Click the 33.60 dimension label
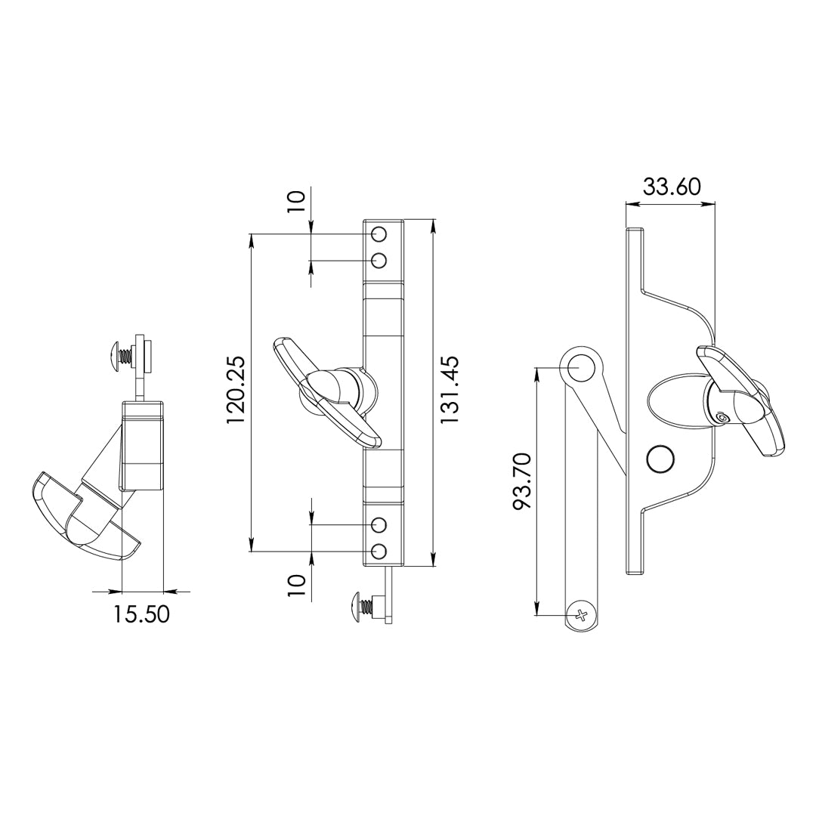pyautogui.click(x=672, y=187)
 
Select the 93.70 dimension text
pyautogui.click(x=523, y=481)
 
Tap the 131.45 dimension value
pyautogui.click(x=449, y=389)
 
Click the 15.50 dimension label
pyautogui.click(x=141, y=614)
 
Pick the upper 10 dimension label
pyautogui.click(x=295, y=201)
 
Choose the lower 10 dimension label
pyautogui.click(x=295, y=588)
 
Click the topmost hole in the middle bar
pyautogui.click(x=380, y=235)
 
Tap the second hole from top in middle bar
pyautogui.click(x=380, y=260)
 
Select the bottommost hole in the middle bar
pyautogui.click(x=380, y=551)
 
